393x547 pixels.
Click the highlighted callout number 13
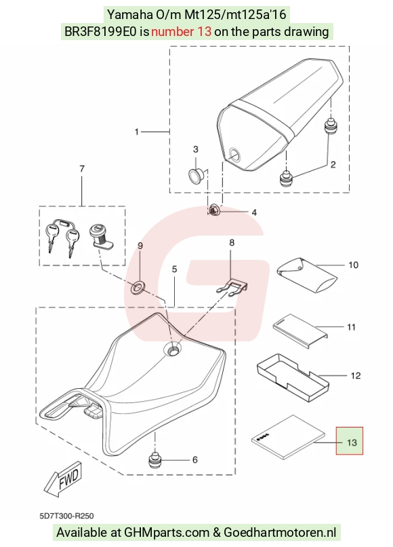coord(352,442)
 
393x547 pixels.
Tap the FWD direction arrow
coord(64,479)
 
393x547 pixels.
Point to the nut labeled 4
coord(213,210)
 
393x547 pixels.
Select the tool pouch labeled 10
coord(306,276)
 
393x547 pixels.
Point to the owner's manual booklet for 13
coord(288,437)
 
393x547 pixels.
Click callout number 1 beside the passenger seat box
coord(137,132)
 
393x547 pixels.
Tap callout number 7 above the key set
coord(82,169)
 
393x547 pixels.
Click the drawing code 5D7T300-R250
coord(66,516)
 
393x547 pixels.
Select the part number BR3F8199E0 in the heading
coord(101,32)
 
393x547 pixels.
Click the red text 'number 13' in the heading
coord(181,32)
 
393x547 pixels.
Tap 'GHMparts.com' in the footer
coord(167,533)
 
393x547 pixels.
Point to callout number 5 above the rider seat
coord(174,269)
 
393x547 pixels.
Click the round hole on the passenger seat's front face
coord(234,153)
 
